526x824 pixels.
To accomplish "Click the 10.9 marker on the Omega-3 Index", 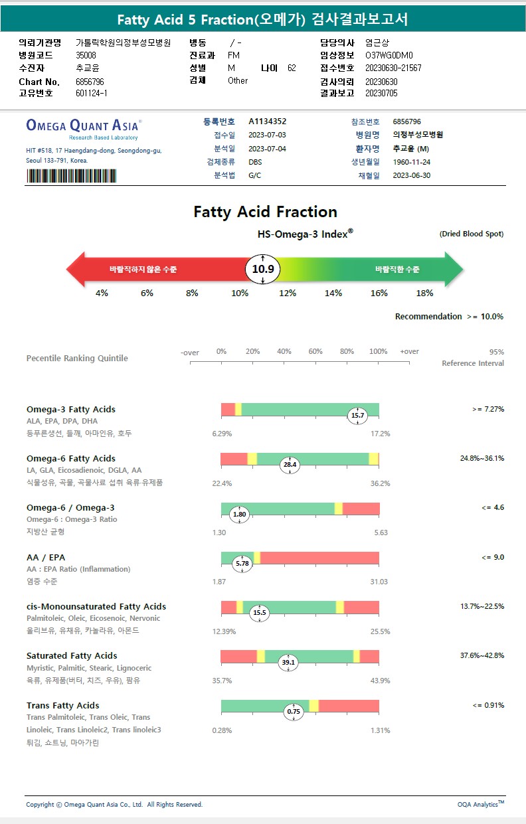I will (263, 269).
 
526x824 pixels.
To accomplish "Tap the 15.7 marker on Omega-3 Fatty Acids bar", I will (358, 416).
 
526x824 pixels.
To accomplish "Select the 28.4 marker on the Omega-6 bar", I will (290, 465).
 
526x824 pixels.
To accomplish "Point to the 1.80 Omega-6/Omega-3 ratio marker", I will (240, 514).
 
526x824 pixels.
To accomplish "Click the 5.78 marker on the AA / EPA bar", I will (243, 563).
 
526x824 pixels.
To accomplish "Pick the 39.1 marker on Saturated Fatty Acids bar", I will (288, 662).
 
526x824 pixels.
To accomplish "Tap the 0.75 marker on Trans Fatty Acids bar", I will (294, 711).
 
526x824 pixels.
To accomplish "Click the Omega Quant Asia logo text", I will (82, 125).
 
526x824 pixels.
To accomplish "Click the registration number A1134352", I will (268, 122).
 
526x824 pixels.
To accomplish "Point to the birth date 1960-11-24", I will (412, 162).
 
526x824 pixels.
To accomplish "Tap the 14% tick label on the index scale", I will (333, 293).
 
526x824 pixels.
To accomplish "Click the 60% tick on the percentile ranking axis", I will (315, 351).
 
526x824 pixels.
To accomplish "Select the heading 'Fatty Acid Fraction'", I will (265, 212).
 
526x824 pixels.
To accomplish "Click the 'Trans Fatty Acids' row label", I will (63, 705).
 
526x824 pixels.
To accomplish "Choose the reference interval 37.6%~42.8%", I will (482, 655).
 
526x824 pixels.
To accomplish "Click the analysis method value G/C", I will (255, 175).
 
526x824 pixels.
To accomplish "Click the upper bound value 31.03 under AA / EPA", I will (379, 582).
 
